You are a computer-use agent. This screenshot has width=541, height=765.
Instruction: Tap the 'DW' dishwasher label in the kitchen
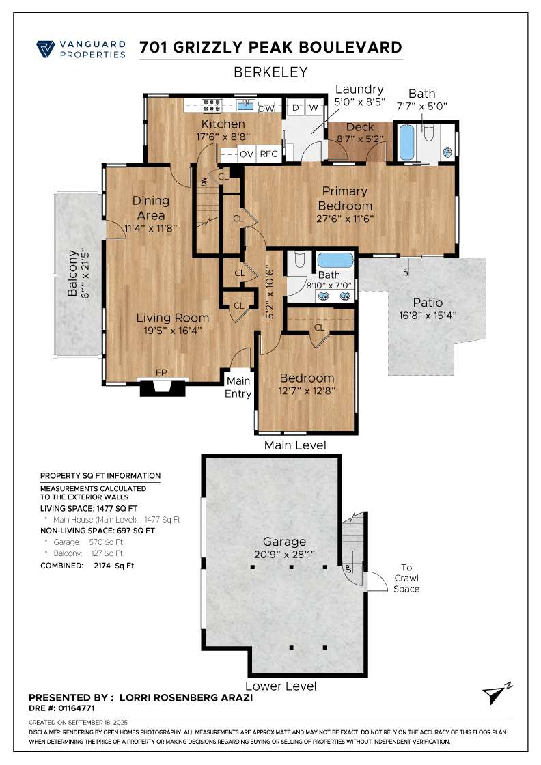click(266, 108)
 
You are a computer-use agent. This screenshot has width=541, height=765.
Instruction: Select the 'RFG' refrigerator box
click(268, 154)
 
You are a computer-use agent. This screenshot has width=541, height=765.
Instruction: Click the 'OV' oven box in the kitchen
click(246, 154)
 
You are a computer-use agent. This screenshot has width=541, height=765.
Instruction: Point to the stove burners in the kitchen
click(212, 105)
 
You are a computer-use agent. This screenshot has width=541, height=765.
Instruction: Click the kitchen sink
click(245, 105)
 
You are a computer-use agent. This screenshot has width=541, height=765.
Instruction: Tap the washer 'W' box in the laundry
click(313, 108)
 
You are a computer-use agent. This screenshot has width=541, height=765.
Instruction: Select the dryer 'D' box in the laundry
click(296, 108)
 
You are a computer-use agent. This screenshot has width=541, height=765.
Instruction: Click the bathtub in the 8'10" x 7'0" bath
click(335, 261)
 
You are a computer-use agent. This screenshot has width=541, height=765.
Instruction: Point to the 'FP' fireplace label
click(161, 372)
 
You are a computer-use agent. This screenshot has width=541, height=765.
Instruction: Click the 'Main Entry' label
click(238, 387)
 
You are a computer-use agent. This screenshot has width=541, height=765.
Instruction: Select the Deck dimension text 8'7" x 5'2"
click(360, 139)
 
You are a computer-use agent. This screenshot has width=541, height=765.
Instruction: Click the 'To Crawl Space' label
click(406, 578)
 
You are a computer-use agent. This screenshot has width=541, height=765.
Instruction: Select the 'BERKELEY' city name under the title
click(270, 72)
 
